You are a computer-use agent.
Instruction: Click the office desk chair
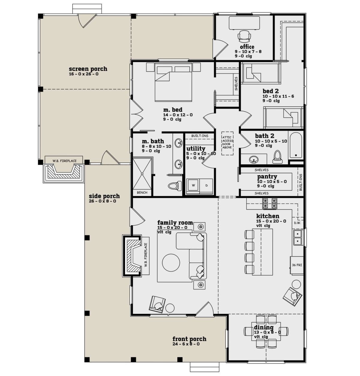(x=244, y=36)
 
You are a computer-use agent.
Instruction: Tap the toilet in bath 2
(x=277, y=157)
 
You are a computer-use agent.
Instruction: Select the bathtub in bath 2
(x=296, y=144)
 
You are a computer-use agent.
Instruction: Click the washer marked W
(x=193, y=185)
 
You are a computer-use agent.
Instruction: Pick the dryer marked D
(x=206, y=185)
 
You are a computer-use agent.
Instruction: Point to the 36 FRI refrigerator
(x=297, y=265)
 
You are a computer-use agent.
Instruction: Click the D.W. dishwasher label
(x=297, y=223)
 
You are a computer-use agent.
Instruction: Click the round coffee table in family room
(x=171, y=263)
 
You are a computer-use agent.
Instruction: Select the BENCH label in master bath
(x=142, y=192)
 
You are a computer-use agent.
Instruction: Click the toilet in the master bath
(x=175, y=186)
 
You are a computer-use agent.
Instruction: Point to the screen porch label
(x=88, y=69)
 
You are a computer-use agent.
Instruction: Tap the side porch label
(x=104, y=196)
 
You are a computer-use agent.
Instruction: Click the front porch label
(x=189, y=339)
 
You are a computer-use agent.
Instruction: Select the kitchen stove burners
(x=269, y=203)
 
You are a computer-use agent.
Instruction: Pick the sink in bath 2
(x=254, y=160)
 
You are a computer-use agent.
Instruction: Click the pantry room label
(x=267, y=176)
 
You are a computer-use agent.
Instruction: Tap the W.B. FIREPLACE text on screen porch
(x=64, y=161)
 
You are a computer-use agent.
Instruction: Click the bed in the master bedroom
(x=173, y=82)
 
